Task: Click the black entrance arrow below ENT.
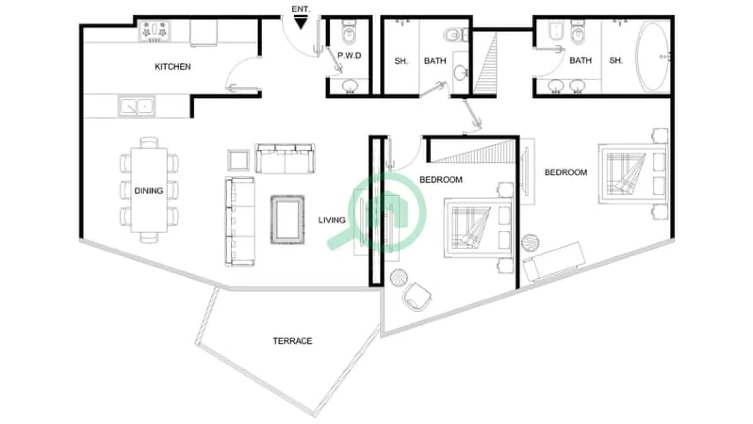click(300, 24)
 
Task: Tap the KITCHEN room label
click(173, 67)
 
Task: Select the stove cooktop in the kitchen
click(154, 31)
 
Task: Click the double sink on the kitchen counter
click(136, 106)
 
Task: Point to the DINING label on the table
click(148, 191)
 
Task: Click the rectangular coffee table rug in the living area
click(287, 220)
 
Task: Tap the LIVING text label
click(332, 220)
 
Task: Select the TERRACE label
click(292, 341)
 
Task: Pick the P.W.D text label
click(349, 56)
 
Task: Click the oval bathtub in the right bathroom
click(653, 57)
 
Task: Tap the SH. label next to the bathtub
click(616, 61)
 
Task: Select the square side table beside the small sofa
click(238, 160)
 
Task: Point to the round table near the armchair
click(399, 277)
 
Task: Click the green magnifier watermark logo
click(386, 212)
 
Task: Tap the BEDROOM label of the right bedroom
click(566, 172)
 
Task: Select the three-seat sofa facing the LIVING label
click(240, 222)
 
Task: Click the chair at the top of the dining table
click(149, 143)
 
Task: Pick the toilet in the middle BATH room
click(456, 35)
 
